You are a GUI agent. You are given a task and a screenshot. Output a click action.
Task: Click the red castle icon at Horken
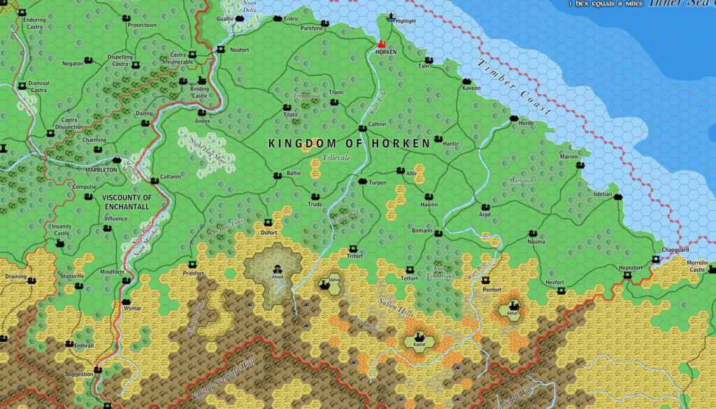(382, 43)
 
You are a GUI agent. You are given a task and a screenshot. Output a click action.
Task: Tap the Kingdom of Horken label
(350, 143)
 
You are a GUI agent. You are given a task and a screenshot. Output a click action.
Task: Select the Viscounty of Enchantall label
(127, 202)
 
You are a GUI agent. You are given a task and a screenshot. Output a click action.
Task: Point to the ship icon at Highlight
(391, 16)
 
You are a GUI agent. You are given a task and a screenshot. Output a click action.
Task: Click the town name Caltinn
(377, 124)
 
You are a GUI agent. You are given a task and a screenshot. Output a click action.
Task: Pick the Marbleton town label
(101, 170)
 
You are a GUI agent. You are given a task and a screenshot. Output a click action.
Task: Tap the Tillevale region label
(336, 158)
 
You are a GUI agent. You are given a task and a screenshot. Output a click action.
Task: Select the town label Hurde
(526, 124)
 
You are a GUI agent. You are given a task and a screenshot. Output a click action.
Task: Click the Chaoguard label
(675, 250)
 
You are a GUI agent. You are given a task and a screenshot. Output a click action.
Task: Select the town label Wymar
(132, 308)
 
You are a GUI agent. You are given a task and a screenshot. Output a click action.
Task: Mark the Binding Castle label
(200, 92)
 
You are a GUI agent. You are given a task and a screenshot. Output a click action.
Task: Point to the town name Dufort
(269, 232)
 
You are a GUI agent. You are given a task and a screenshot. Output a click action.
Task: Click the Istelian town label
(603, 194)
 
